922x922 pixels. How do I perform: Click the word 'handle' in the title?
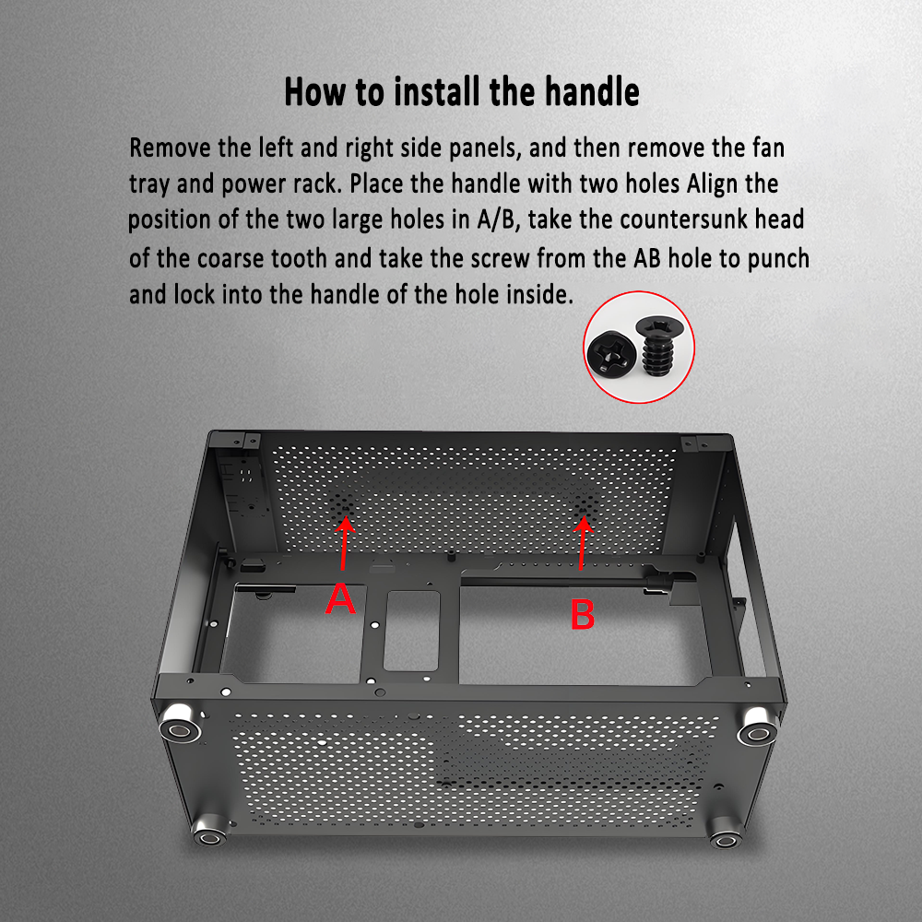click(x=592, y=92)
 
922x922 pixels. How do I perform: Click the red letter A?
click(x=340, y=598)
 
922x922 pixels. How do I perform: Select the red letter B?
click(x=583, y=615)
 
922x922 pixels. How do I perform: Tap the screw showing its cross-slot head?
click(x=611, y=353)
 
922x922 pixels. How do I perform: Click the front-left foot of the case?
click(x=181, y=723)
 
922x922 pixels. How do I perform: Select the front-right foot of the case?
click(x=758, y=726)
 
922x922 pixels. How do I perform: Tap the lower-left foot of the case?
click(x=210, y=831)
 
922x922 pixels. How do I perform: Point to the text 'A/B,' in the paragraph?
click(x=499, y=220)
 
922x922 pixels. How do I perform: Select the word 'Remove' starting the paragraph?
click(x=170, y=148)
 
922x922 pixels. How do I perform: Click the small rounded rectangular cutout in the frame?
click(x=411, y=631)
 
